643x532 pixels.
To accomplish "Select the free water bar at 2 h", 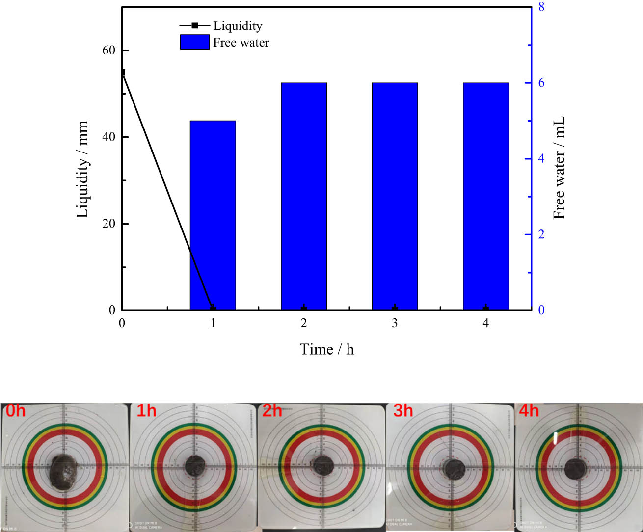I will point(303,196).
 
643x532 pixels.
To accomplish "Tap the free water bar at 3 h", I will point(395,196).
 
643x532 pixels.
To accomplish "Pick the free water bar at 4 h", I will point(485,196).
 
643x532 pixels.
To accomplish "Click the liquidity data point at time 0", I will point(123,72).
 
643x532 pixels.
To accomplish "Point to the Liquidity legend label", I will point(238,26).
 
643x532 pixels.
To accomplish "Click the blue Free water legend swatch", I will point(194,42).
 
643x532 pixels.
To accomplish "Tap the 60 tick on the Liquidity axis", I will point(109,51).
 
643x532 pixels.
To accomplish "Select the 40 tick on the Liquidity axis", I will point(109,137).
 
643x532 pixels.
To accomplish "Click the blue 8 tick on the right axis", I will point(541,7).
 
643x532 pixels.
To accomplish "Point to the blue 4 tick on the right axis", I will point(541,158).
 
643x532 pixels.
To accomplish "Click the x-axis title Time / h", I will point(326,349).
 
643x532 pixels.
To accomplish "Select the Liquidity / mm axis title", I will point(82,169).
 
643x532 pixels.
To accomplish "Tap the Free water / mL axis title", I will point(559,168).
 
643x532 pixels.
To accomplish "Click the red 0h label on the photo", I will point(16,410).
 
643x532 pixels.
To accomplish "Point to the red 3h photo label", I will point(403,410).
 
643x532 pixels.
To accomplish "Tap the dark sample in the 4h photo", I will point(575,468).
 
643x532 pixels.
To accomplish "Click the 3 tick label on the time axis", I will point(395,323).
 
